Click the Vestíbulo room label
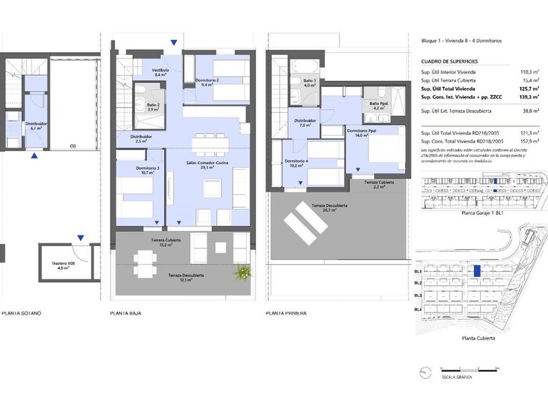pos(160,71)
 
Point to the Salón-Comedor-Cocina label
pos(208,163)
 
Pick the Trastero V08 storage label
pos(63,265)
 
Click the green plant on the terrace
pos(245,272)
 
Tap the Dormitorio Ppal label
pos(362,132)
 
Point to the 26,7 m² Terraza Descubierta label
pos(330,208)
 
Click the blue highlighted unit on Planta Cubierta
pos(476,271)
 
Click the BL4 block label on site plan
pos(418,309)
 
